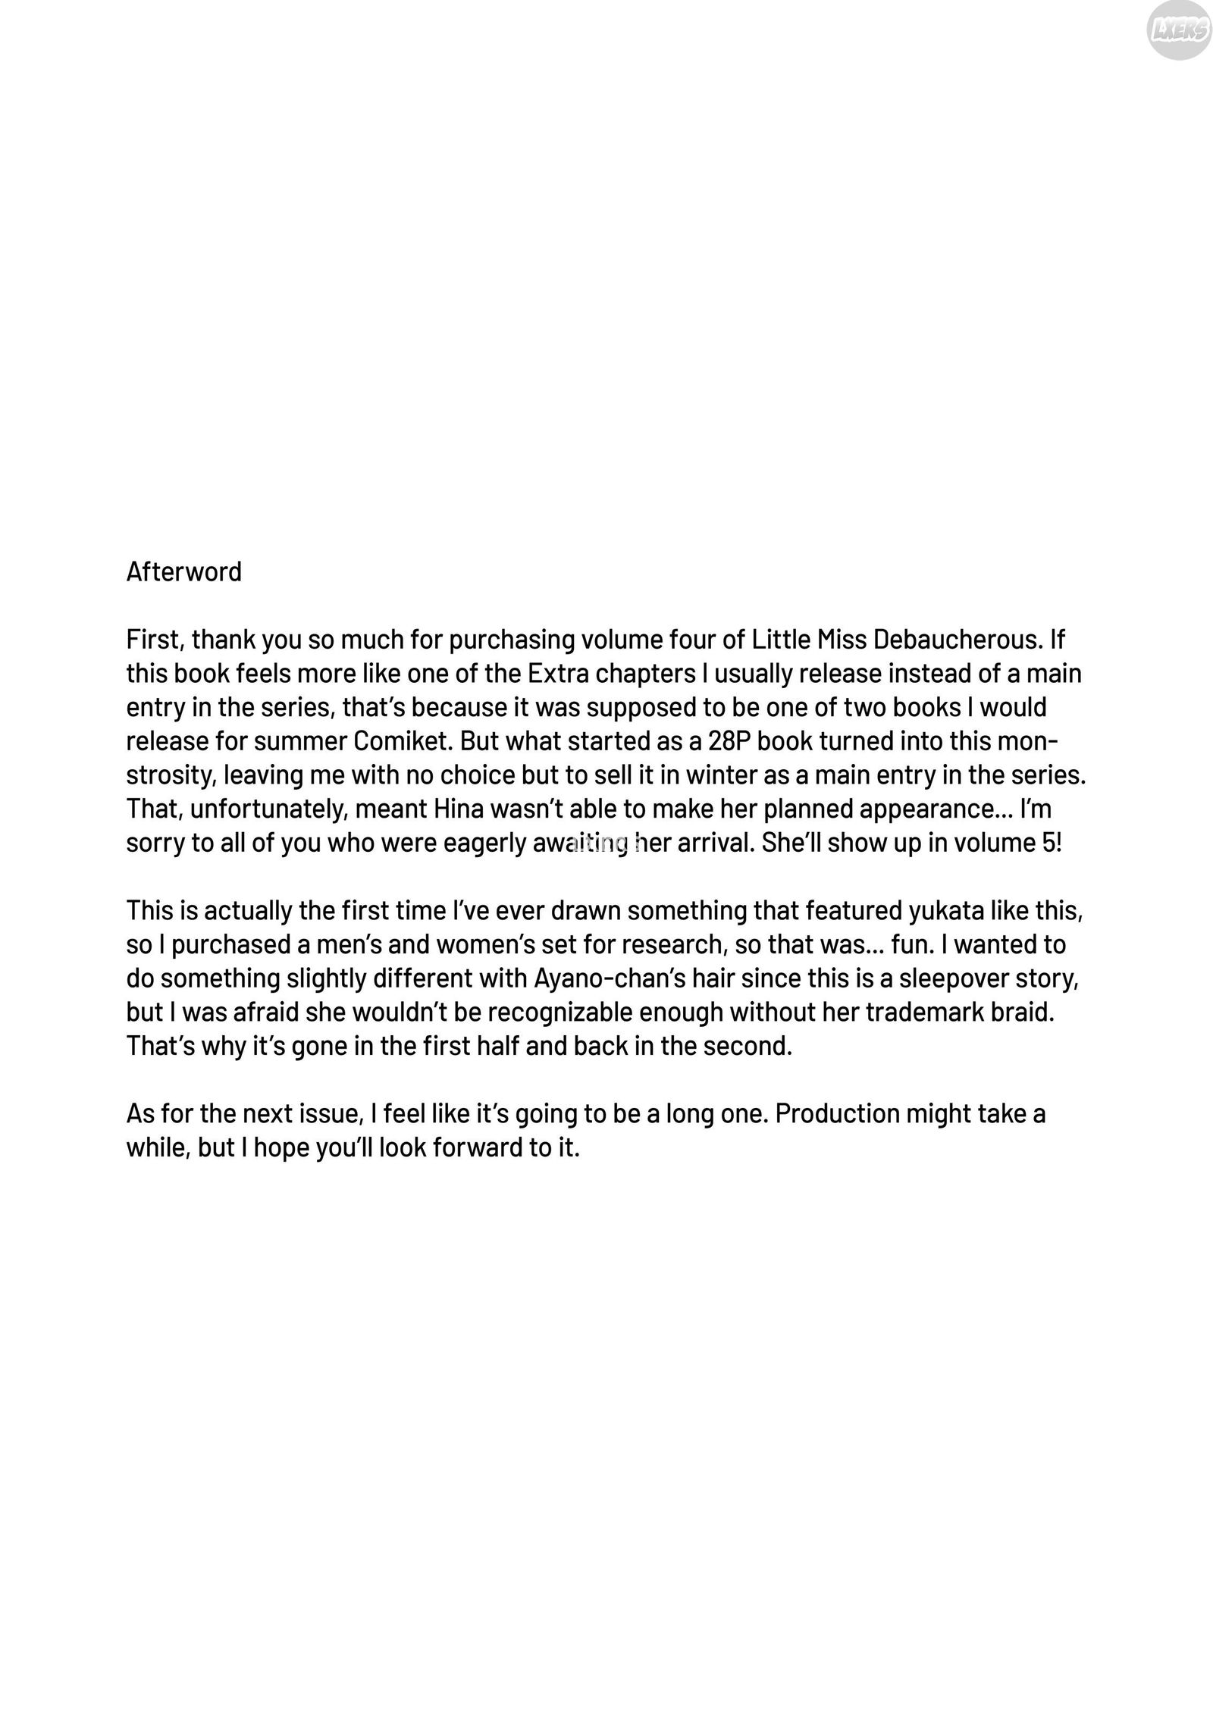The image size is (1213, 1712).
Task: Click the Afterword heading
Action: click(x=183, y=571)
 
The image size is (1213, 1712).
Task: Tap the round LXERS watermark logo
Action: click(x=1177, y=31)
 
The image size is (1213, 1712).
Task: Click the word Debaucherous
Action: click(x=956, y=640)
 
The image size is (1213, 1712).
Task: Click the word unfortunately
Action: click(x=268, y=809)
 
